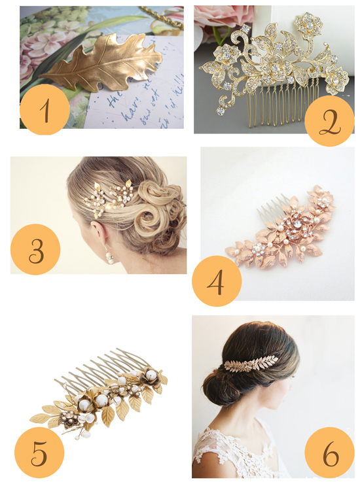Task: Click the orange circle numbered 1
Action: pyautogui.click(x=45, y=110)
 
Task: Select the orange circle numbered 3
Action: pyautogui.click(x=35, y=249)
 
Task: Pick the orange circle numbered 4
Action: pyautogui.click(x=217, y=281)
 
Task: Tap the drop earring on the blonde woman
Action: pyautogui.click(x=109, y=256)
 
